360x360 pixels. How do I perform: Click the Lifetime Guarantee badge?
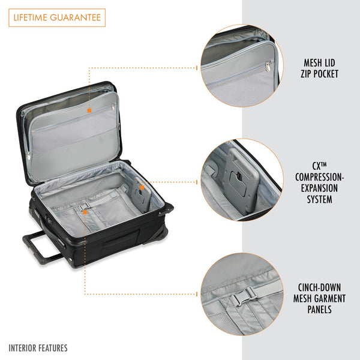[x=57, y=17]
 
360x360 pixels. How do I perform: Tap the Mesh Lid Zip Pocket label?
[x=320, y=68]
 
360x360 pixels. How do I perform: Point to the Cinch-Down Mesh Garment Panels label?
[x=320, y=298]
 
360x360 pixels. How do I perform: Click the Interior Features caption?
[x=38, y=348]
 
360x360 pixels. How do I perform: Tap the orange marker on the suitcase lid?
[x=89, y=110]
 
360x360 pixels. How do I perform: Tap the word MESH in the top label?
[x=311, y=62]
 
